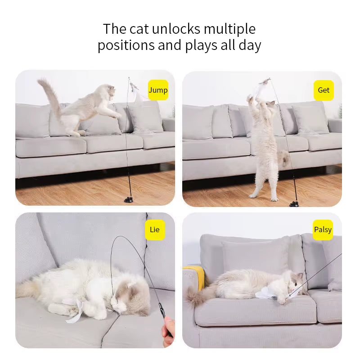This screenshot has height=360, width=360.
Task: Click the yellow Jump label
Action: (158, 90)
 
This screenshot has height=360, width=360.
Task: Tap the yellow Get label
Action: (324, 90)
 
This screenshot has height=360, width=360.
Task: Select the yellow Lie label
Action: (154, 230)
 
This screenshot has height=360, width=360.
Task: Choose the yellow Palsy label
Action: (323, 230)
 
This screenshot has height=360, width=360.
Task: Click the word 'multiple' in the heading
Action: (229, 29)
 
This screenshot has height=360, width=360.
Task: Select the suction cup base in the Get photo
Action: (294, 203)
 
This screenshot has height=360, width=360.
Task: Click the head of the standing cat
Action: (268, 106)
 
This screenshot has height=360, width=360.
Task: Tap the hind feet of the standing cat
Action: (264, 196)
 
